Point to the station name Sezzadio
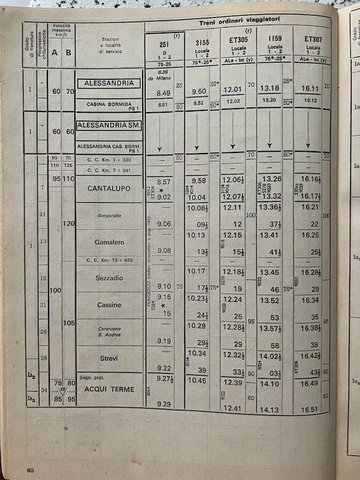pyautogui.click(x=109, y=278)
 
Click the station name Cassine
pyautogui.click(x=109, y=305)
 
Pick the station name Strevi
pyautogui.click(x=109, y=358)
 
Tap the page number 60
pyautogui.click(x=29, y=469)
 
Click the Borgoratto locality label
pyautogui.click(x=109, y=215)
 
